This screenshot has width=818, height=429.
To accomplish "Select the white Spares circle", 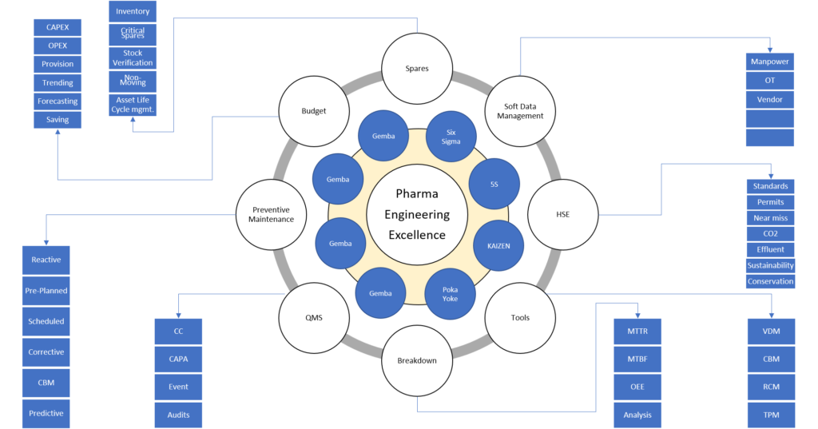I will click(417, 69).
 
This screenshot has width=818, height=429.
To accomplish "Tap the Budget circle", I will click(313, 112).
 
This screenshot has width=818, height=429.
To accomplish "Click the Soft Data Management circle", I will click(520, 111).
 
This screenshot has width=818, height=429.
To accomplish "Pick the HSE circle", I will click(563, 214).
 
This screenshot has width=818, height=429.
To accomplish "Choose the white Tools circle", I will click(520, 318).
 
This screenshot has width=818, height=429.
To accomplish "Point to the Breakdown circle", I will click(417, 360).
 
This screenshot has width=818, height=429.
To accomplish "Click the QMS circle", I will click(313, 318).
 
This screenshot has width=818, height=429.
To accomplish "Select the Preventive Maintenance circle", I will click(270, 214).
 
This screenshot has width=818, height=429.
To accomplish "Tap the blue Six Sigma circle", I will click(451, 136).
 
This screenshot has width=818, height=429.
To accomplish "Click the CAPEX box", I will click(58, 27).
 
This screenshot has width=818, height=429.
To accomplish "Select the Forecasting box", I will click(58, 101).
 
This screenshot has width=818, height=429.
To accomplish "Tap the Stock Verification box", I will click(133, 58).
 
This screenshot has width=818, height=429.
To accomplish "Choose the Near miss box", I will click(770, 218).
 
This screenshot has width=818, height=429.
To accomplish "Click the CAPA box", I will click(178, 359).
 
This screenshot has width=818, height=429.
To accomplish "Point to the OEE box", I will click(637, 387).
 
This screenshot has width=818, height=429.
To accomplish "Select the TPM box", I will click(771, 415).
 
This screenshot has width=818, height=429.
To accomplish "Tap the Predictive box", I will click(46, 413).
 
